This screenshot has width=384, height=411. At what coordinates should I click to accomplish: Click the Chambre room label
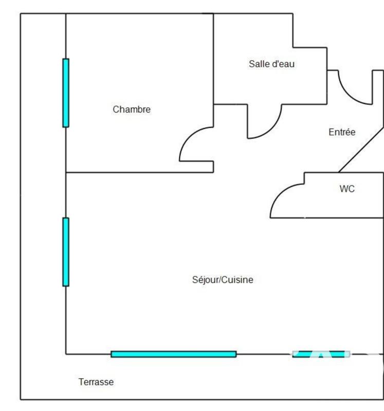click(x=132, y=109)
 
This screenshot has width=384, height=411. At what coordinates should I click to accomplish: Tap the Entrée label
click(x=342, y=133)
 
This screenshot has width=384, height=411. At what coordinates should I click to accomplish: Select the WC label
click(x=347, y=189)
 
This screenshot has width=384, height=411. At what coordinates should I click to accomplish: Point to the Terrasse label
click(x=96, y=382)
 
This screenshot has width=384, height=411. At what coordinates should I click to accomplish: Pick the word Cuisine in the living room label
click(x=238, y=281)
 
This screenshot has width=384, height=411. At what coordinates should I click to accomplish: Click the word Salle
click(x=259, y=64)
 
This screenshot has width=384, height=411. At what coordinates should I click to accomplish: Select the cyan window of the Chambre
click(x=66, y=92)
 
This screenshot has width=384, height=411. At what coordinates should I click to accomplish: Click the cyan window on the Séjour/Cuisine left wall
click(x=66, y=252)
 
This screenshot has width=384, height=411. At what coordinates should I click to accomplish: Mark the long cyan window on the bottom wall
click(x=174, y=354)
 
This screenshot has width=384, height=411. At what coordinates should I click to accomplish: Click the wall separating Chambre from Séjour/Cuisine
click(x=139, y=172)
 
